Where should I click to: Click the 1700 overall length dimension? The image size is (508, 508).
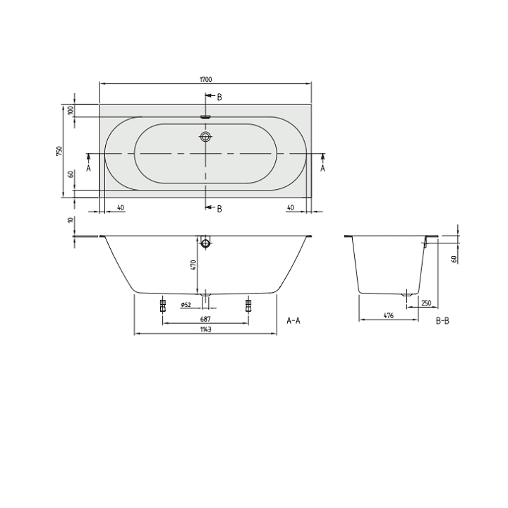click(x=205, y=80)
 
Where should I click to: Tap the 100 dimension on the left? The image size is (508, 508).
click(x=71, y=110)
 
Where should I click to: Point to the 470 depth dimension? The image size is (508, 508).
click(x=193, y=266)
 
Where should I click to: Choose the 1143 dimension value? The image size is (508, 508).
click(x=205, y=329)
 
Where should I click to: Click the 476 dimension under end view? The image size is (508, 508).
click(x=388, y=315)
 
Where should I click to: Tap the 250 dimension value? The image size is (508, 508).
click(x=425, y=303)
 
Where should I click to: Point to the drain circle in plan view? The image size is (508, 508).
click(x=205, y=137)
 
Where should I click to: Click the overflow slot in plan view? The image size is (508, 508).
click(x=205, y=117)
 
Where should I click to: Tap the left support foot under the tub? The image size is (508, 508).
click(x=162, y=305)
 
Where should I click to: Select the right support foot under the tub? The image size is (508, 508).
click(x=248, y=305)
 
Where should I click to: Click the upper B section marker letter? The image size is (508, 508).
click(x=219, y=97)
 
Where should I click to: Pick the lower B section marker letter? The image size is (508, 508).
click(x=219, y=208)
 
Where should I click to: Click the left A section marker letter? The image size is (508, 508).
click(x=89, y=169)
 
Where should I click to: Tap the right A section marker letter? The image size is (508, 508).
click(x=322, y=169)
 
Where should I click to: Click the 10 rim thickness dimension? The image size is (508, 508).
click(x=71, y=220)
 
